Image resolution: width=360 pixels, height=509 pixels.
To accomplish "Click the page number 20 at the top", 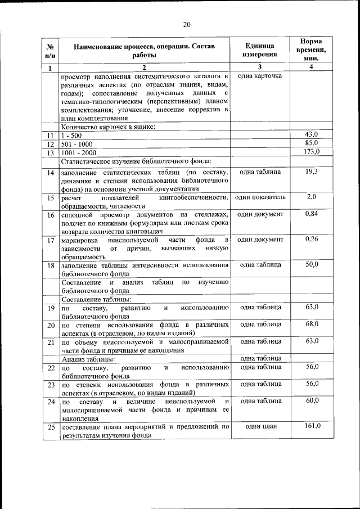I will tap(187, 24).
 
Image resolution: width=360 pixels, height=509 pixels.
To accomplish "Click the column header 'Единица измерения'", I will tap(260, 50).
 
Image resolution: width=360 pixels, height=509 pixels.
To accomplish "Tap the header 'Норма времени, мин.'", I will tap(311, 50).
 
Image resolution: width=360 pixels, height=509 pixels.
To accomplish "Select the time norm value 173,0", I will tap(311, 152).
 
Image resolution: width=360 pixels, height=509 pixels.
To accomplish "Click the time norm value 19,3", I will tap(311, 171).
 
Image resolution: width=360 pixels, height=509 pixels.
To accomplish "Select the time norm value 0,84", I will tap(311, 214).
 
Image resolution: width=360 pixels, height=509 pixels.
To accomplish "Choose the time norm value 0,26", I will tap(311, 239).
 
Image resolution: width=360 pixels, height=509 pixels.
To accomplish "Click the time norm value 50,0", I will tap(311, 264).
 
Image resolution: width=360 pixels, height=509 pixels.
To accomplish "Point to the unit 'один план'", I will tap(260, 426).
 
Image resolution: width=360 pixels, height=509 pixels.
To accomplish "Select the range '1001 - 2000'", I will tap(79, 152).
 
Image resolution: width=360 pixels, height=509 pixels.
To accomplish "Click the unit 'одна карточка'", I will tap(260, 75).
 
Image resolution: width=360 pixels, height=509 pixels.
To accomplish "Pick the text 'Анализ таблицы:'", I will tap(89, 359).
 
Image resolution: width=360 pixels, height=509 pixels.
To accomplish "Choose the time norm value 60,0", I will tap(311, 400).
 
